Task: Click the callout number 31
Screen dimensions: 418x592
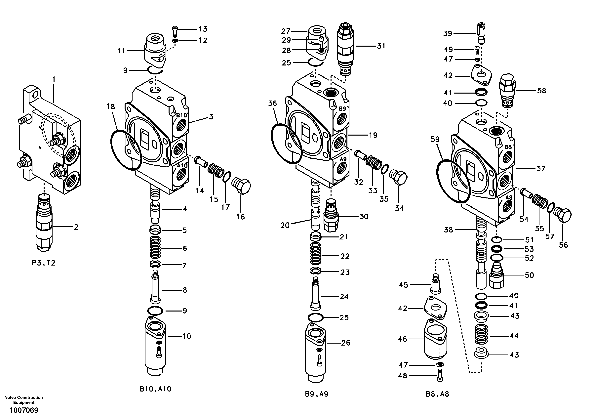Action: [381, 46]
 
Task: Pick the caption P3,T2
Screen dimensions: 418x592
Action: [44, 263]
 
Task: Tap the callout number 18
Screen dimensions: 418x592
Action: [111, 106]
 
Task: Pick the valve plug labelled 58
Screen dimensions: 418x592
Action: [507, 90]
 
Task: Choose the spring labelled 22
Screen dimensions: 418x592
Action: [316, 253]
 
